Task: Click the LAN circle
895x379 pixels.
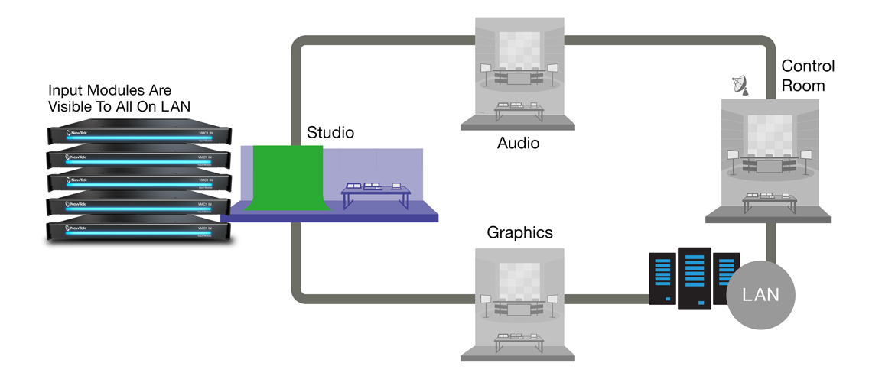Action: tap(760, 295)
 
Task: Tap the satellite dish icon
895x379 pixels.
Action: tap(740, 86)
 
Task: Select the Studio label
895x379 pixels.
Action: tap(330, 133)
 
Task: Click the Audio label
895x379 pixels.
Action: tap(518, 143)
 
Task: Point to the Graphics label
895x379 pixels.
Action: tap(519, 232)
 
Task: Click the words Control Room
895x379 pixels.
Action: tap(808, 76)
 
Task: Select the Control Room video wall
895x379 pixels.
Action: tap(769, 135)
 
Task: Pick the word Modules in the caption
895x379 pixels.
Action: tap(116, 90)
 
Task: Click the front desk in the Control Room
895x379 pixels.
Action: tap(769, 201)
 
